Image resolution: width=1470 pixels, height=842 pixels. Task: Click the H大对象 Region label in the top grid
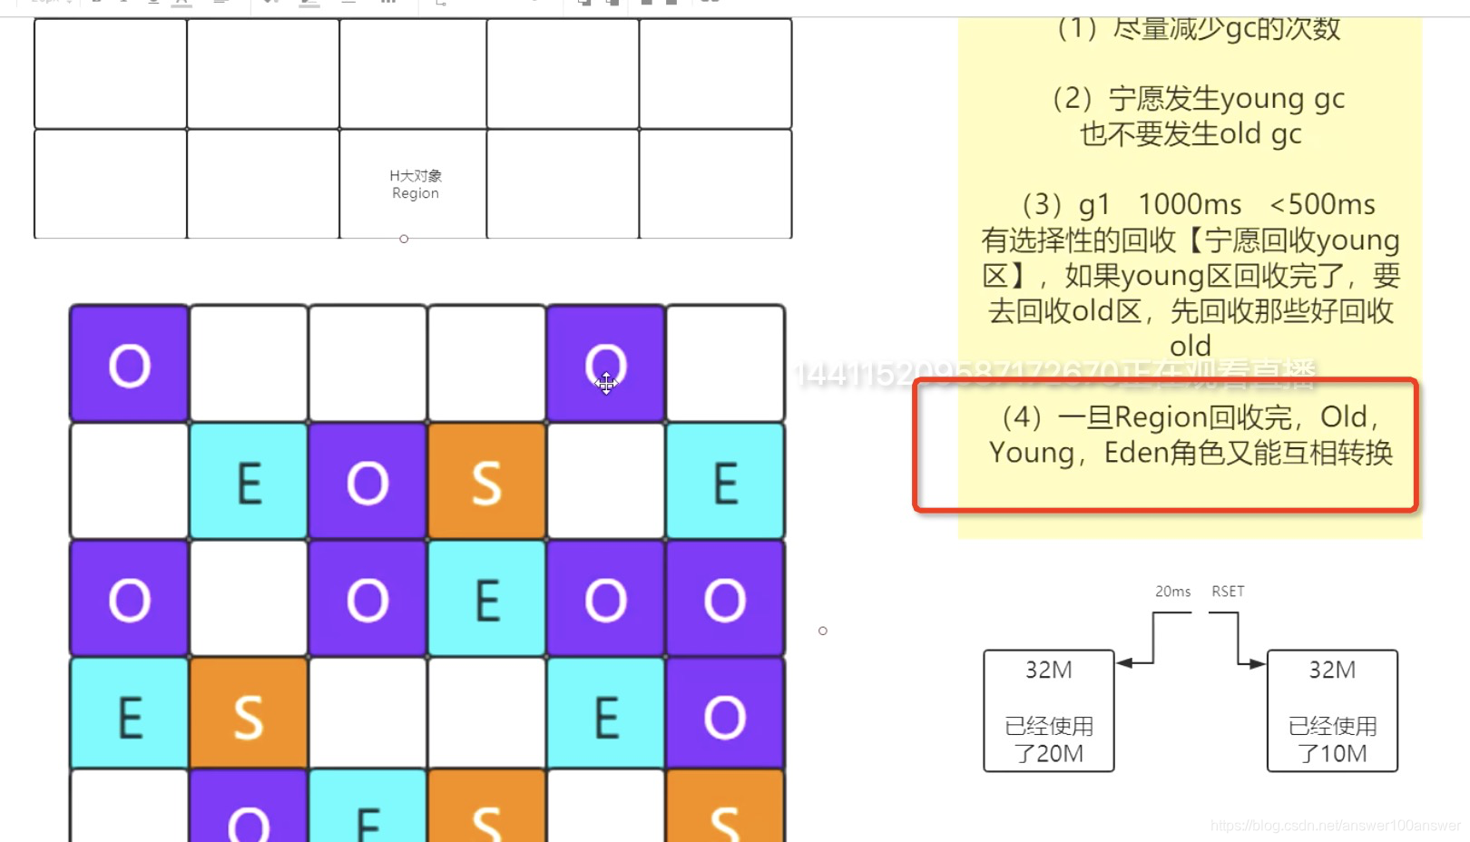click(416, 184)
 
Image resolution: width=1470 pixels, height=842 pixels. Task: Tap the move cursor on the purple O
click(606, 384)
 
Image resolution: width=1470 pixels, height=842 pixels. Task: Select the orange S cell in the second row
click(486, 482)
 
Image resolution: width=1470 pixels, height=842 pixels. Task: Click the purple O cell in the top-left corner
click(130, 365)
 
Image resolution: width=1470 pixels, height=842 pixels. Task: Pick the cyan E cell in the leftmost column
click(130, 716)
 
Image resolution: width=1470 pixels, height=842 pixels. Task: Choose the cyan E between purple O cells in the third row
click(486, 600)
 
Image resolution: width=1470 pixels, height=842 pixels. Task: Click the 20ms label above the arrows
click(1172, 592)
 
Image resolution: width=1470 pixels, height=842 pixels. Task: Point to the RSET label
click(1228, 592)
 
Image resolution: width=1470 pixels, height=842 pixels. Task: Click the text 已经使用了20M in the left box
click(1049, 739)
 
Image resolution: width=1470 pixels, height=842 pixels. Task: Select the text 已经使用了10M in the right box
click(1332, 739)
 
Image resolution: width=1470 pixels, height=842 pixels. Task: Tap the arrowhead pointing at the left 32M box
click(1124, 663)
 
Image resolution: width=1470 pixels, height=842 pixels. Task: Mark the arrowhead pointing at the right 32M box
click(1258, 664)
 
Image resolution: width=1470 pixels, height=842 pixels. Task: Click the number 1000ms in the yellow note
click(1190, 204)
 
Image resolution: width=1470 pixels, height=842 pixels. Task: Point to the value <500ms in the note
click(1323, 204)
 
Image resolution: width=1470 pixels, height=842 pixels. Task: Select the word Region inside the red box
click(1161, 417)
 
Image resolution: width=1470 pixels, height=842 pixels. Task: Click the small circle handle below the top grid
click(404, 239)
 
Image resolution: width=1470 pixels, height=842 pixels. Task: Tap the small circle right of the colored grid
click(823, 631)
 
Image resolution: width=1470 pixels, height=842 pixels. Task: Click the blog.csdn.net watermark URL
click(1335, 826)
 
